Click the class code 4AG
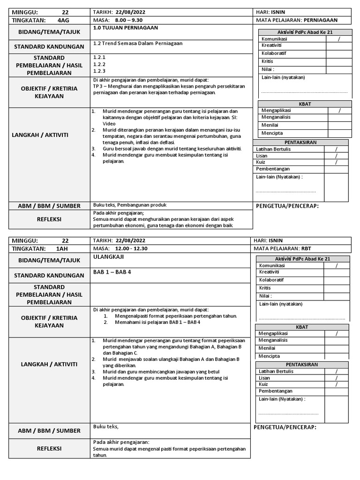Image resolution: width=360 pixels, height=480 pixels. [x=63, y=20]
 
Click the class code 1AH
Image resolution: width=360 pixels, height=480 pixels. [x=62, y=248]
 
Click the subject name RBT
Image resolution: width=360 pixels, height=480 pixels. [x=307, y=248]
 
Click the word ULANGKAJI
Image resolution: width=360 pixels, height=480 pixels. [x=108, y=257]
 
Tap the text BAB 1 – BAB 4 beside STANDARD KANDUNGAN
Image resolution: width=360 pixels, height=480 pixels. [x=112, y=272]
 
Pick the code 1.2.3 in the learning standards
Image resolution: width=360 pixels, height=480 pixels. [x=99, y=71]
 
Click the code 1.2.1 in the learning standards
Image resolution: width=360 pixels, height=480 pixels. [x=99, y=57]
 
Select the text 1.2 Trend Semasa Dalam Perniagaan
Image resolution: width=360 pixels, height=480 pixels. [x=138, y=43]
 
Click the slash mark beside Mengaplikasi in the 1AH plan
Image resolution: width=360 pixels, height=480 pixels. [x=337, y=334]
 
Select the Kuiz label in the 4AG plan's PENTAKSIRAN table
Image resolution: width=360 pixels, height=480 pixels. [x=261, y=162]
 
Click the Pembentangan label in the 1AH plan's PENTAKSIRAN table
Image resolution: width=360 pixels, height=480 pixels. [x=276, y=391]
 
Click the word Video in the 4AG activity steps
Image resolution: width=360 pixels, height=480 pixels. [x=109, y=124]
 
